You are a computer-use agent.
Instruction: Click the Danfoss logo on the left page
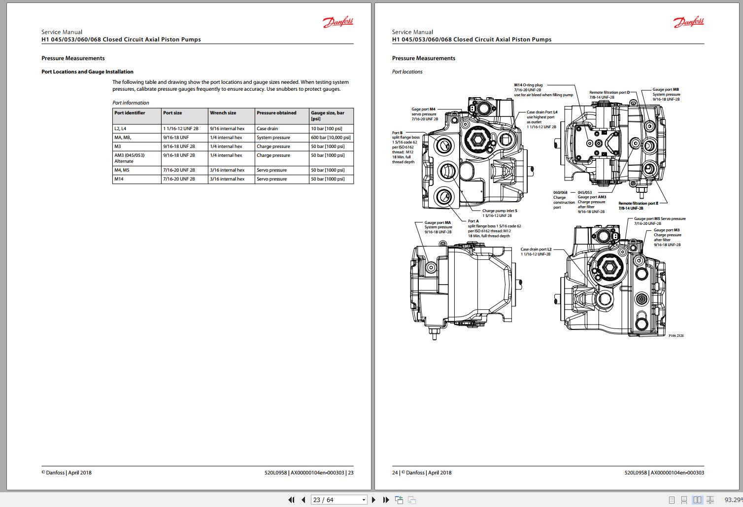[x=338, y=22]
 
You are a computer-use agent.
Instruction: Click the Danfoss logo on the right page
[x=689, y=22]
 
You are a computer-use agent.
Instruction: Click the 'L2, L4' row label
[x=120, y=129]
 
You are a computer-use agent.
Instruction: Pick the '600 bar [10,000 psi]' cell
[x=331, y=138]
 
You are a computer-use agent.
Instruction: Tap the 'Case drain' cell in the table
[x=267, y=129]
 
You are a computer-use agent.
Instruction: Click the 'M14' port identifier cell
[x=119, y=179]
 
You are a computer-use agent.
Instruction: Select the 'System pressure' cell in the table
[x=273, y=138]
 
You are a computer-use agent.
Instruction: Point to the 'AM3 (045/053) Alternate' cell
[x=129, y=158]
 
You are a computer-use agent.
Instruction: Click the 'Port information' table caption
[x=131, y=103]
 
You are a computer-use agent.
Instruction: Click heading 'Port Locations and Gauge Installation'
[x=87, y=72]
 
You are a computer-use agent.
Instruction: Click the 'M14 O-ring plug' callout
[x=528, y=85]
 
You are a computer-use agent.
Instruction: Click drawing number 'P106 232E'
[x=676, y=335]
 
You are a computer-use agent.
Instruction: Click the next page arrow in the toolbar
[x=373, y=500]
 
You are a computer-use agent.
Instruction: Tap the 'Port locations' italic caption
[x=407, y=72]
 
